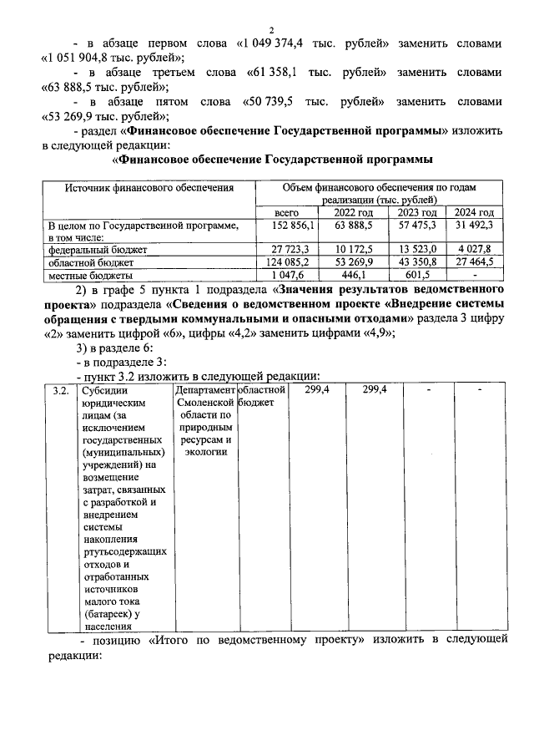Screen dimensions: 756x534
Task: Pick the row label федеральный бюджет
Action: tap(98, 250)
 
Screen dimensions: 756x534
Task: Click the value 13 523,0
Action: tap(417, 250)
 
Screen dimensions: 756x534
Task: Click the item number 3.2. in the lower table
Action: tap(59, 391)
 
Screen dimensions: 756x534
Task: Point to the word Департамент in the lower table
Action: tap(204, 391)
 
